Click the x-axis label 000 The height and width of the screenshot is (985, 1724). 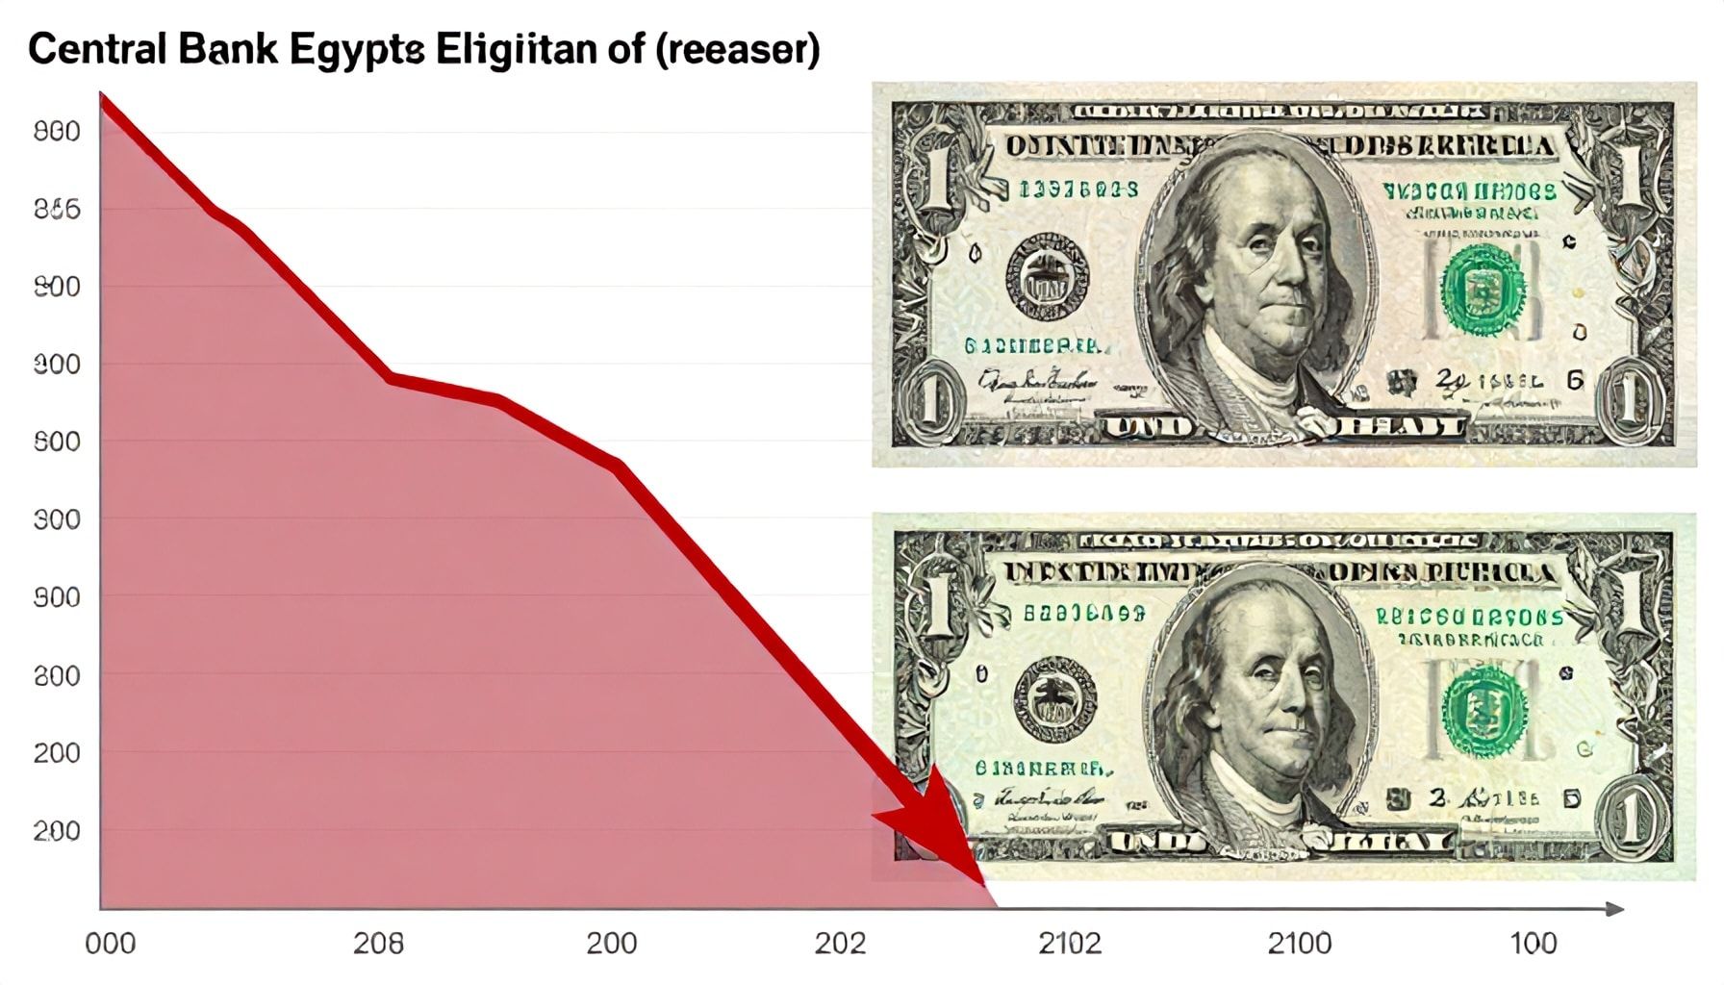[110, 944]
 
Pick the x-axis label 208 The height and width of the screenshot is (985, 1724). [378, 944]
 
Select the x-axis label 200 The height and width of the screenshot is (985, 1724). [612, 944]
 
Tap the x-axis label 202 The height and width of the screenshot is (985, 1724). [841, 944]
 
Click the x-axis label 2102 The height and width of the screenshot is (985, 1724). [1070, 944]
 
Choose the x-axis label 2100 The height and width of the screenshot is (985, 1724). [1300, 944]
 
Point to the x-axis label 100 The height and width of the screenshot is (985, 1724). [1534, 944]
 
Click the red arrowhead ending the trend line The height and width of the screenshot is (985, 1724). [938, 832]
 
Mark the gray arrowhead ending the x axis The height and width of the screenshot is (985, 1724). [1615, 909]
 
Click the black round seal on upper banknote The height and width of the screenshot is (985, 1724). [1048, 276]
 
